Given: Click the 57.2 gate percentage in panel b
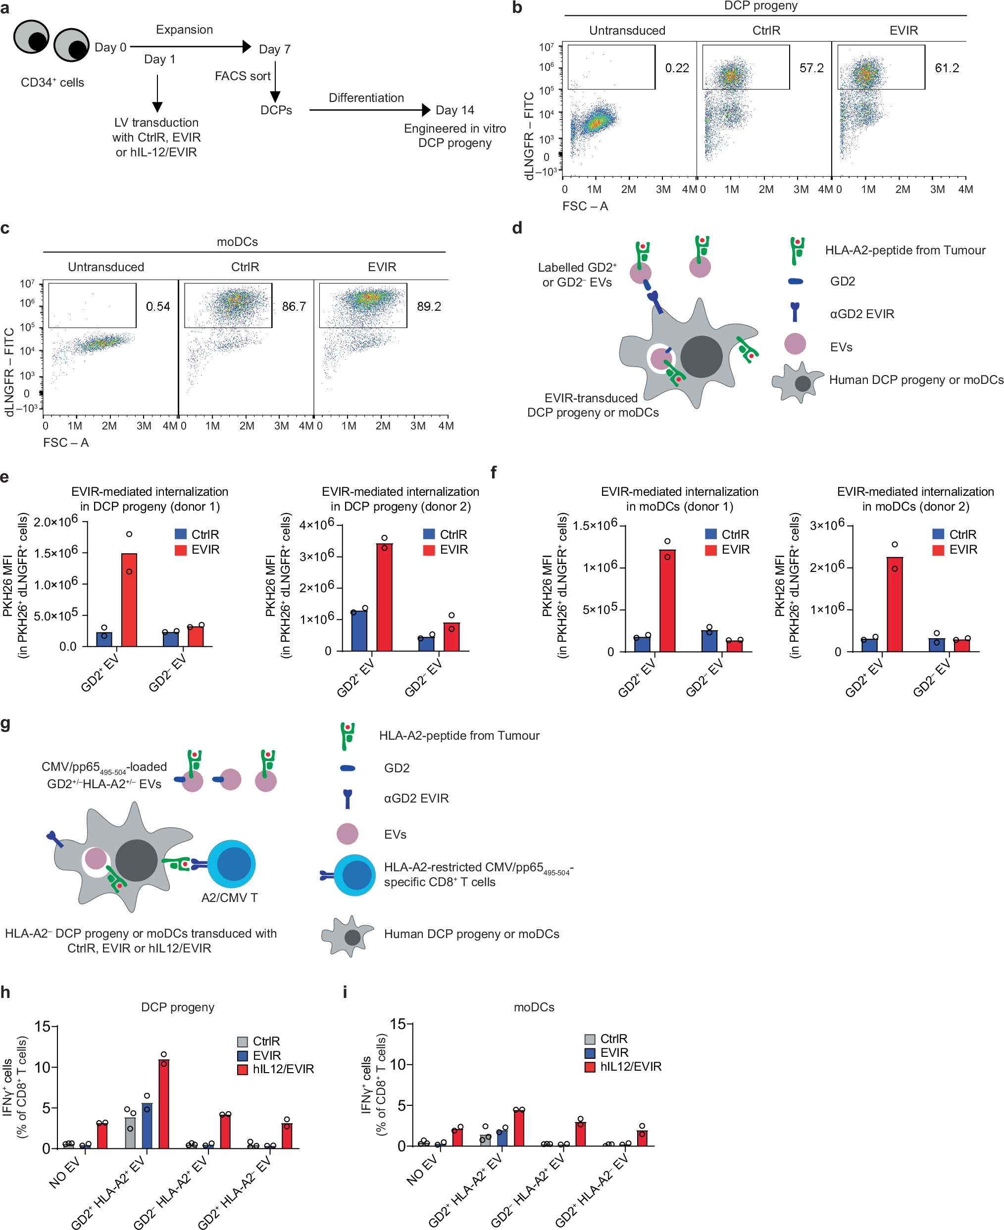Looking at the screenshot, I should pyautogui.click(x=811, y=68).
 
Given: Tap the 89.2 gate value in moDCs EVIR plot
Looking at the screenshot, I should pyautogui.click(x=429, y=306).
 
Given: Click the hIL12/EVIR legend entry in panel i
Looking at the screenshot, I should pyautogui.click(x=623, y=1066).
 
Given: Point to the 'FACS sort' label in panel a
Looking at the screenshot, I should pyautogui.click(x=242, y=76).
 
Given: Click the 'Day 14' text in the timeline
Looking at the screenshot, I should pyautogui.click(x=454, y=110).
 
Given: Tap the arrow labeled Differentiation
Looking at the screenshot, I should pyautogui.click(x=370, y=110).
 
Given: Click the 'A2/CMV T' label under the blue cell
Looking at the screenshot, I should pyautogui.click(x=230, y=898).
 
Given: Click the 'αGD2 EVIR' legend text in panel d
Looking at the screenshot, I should pyautogui.click(x=862, y=314).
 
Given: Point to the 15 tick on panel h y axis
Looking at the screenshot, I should pyautogui.click(x=43, y=1027).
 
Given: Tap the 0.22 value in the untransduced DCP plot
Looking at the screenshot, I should pyautogui.click(x=677, y=68).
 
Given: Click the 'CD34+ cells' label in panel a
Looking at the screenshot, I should pyautogui.click(x=52, y=83).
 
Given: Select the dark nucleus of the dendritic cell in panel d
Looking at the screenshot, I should pyautogui.click(x=701, y=357).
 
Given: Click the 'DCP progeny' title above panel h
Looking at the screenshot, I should pyautogui.click(x=178, y=1007).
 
